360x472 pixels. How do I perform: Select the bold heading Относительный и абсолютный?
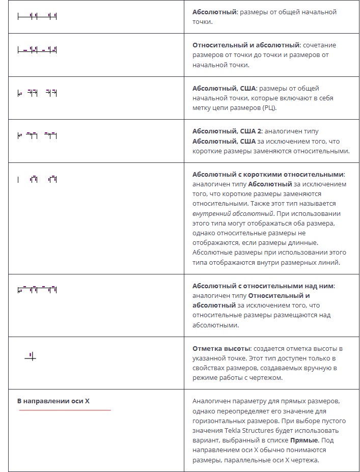click(x=246, y=45)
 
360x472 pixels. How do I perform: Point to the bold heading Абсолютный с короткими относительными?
click(x=268, y=174)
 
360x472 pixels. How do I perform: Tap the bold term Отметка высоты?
click(x=220, y=348)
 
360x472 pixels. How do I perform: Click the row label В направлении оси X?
click(x=53, y=401)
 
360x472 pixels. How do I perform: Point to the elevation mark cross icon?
click(x=31, y=357)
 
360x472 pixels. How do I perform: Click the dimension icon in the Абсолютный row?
click(x=37, y=17)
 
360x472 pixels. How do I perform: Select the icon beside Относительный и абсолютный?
click(x=37, y=50)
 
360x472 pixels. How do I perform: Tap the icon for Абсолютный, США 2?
click(x=37, y=135)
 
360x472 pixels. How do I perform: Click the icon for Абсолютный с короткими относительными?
click(x=37, y=179)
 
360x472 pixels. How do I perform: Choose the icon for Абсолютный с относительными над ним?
click(x=37, y=290)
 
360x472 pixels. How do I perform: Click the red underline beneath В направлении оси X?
click(x=65, y=410)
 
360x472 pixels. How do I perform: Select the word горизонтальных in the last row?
click(x=217, y=421)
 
